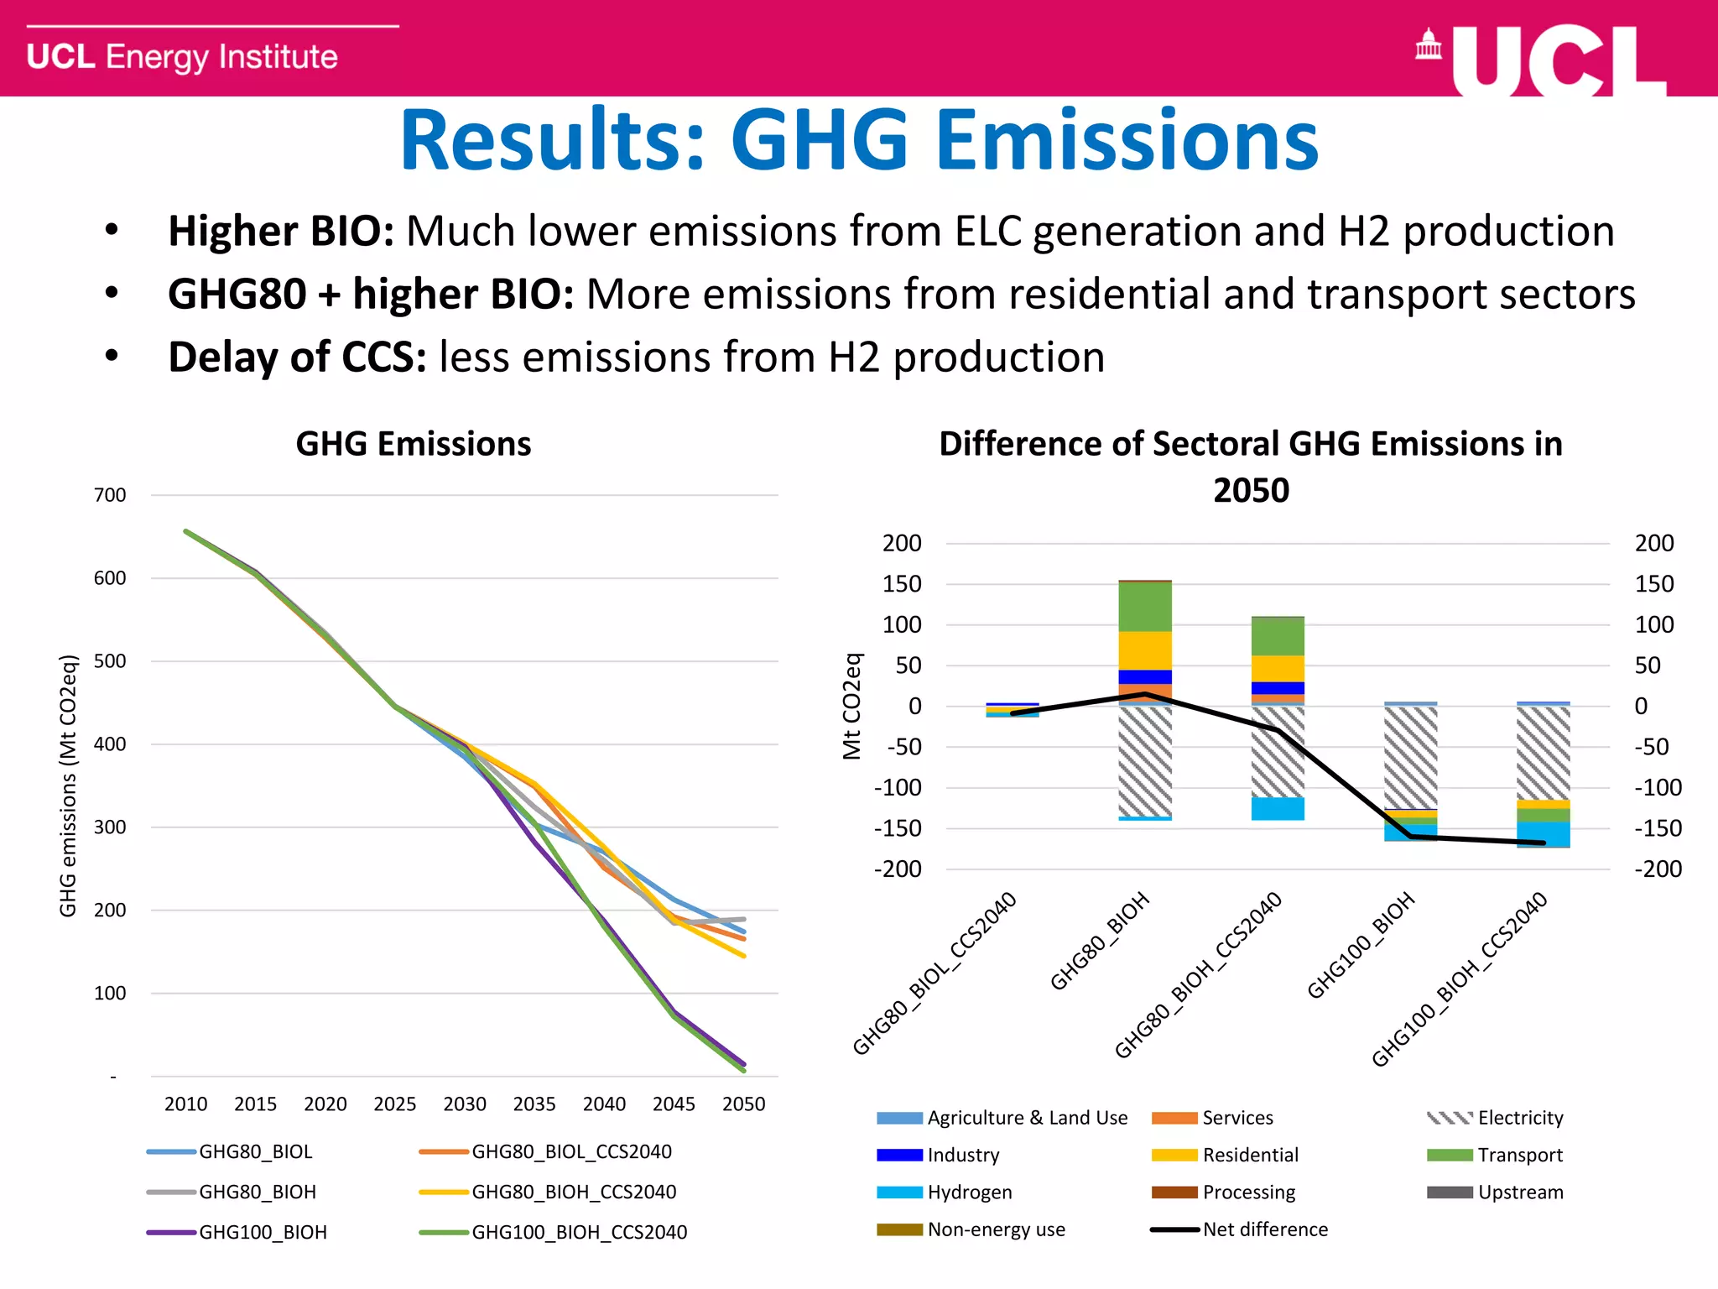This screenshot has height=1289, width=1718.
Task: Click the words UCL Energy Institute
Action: [x=182, y=57]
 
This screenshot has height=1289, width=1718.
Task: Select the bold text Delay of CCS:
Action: [x=297, y=357]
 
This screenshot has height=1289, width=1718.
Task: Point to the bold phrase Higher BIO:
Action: [x=281, y=232]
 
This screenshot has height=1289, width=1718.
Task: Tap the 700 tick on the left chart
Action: [x=110, y=495]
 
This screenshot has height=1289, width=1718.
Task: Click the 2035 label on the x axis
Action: [x=534, y=1104]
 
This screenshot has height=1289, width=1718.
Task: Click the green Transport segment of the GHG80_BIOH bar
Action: [x=1145, y=606]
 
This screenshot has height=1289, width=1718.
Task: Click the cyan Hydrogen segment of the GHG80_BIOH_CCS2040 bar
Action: [x=1278, y=808]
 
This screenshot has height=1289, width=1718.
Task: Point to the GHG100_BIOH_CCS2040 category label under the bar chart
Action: [x=1460, y=980]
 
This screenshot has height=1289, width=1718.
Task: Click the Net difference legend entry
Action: [x=1264, y=1229]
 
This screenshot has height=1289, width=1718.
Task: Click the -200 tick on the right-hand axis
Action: [x=1658, y=869]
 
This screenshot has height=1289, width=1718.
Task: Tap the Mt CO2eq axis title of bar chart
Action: [x=852, y=706]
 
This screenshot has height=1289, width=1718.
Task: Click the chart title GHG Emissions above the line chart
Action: [x=414, y=444]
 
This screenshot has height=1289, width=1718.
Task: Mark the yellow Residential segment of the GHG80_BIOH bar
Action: [x=1145, y=650]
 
